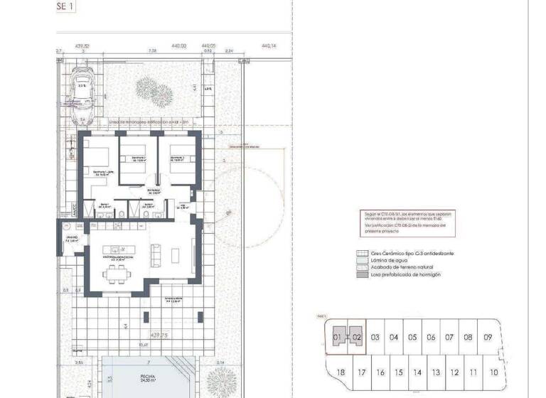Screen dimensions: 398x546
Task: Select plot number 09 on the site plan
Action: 486,337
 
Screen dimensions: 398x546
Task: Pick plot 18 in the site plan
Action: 341,372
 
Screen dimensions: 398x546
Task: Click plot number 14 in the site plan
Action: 418,372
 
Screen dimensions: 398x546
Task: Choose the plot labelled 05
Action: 412,337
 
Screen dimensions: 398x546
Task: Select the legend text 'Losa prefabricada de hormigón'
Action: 405,274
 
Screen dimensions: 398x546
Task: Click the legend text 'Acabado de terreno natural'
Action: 402,267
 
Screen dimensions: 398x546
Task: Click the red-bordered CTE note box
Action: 404,222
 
